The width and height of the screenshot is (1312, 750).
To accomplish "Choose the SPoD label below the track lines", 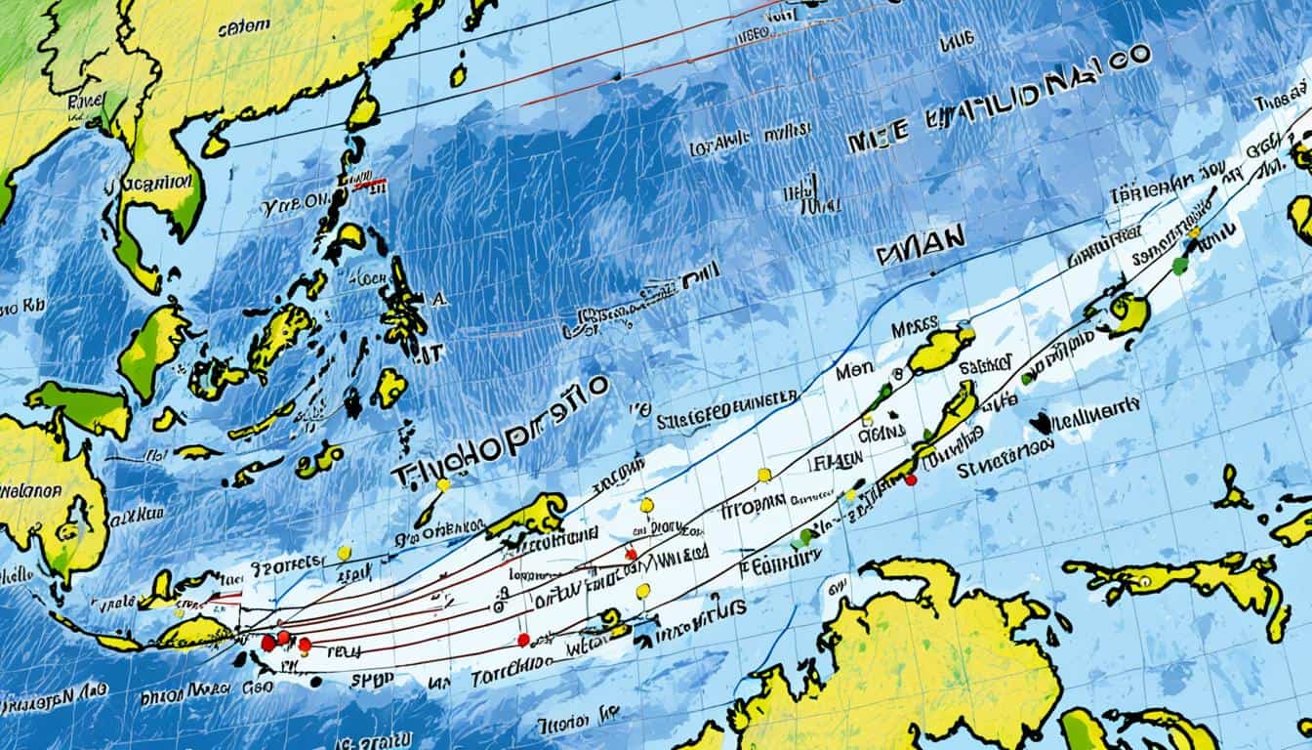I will click(x=372, y=677).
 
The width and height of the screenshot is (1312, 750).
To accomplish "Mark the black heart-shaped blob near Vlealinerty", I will click(x=1042, y=423).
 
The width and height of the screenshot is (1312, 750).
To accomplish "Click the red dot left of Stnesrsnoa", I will click(x=911, y=479).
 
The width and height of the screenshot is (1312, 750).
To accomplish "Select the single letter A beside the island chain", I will click(x=439, y=301).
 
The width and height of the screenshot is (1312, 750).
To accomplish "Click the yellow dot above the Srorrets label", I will click(x=344, y=553).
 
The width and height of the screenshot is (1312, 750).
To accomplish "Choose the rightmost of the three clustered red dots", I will click(x=305, y=645).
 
